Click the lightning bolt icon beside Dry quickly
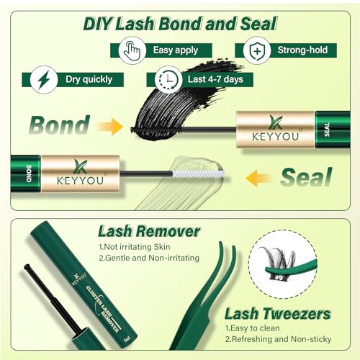[x=44, y=80]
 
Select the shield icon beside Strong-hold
[x=257, y=50]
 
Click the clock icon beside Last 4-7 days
[x=169, y=79]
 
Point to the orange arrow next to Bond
[x=110, y=126]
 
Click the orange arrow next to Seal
[x=258, y=178]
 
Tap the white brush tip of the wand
[x=199, y=174]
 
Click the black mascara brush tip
[x=156, y=130]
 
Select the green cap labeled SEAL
[x=333, y=130]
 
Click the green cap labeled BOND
[x=25, y=174]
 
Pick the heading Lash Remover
[x=149, y=231]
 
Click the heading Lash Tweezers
[x=278, y=313]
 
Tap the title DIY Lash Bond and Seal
[x=180, y=24]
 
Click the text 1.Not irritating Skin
[x=135, y=247]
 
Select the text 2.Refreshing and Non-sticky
[x=278, y=339]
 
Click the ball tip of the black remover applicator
[x=27, y=266]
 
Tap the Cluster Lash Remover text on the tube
[x=103, y=309]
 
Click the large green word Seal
[x=307, y=177]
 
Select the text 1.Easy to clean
[x=253, y=328]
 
